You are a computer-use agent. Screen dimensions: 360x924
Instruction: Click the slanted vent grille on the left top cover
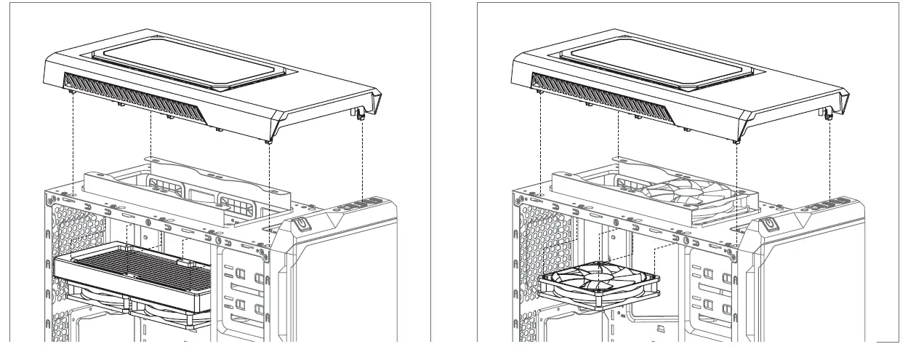click(134, 102)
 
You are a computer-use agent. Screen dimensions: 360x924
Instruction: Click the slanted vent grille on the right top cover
click(603, 102)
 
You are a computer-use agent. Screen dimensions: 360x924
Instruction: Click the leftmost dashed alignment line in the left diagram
click(73, 145)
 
